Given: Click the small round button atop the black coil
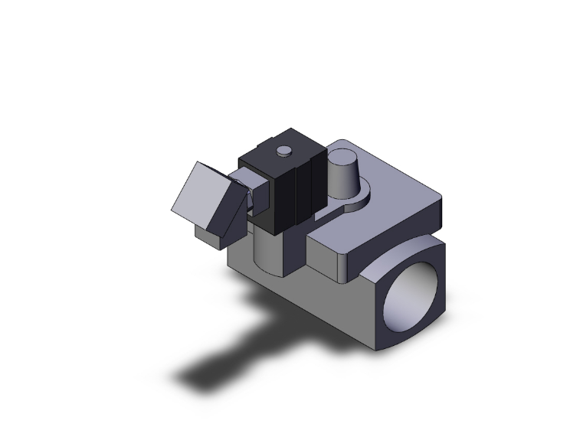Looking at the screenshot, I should point(283,150).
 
